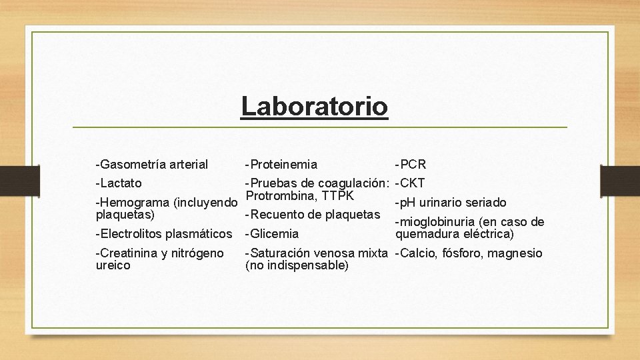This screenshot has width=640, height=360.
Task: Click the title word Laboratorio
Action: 314,106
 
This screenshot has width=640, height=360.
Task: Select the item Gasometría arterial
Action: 152,164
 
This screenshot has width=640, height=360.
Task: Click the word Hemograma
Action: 132,203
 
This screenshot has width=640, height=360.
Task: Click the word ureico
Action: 113,265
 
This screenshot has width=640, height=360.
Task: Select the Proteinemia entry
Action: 281,164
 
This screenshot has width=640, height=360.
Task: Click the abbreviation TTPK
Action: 336,195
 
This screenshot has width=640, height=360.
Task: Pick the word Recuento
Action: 275,214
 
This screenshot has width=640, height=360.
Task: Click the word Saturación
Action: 279,253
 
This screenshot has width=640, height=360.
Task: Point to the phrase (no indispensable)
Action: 297,265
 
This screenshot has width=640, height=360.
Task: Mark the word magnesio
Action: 515,253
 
